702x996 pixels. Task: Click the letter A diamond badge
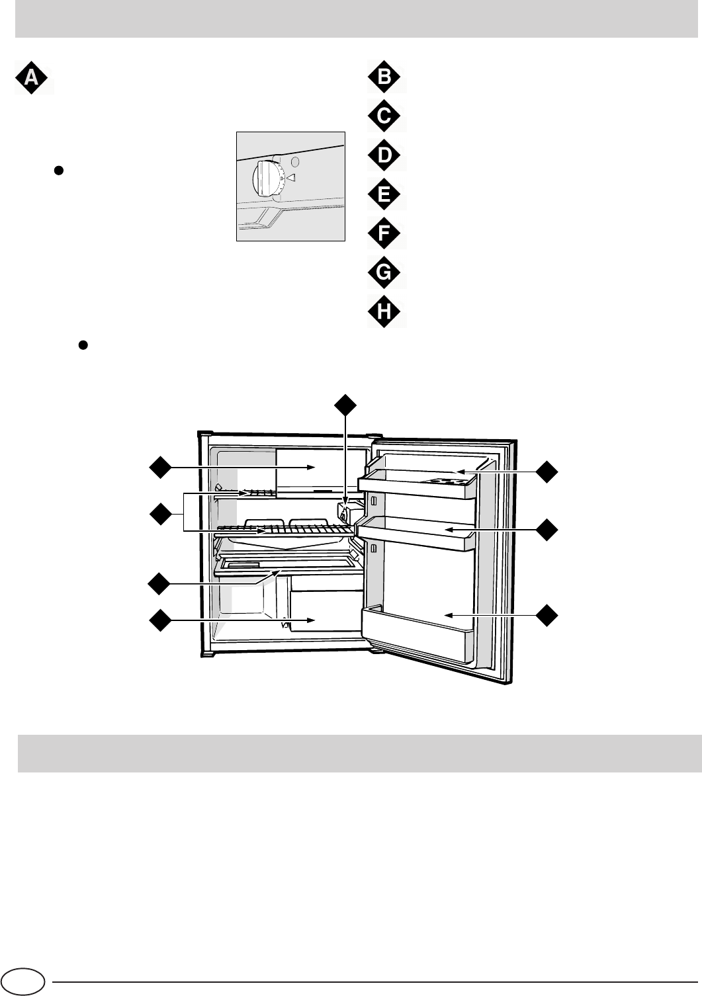(x=31, y=78)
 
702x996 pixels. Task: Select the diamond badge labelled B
(x=386, y=78)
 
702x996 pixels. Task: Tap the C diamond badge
(x=386, y=117)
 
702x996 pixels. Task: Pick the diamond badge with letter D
(x=386, y=156)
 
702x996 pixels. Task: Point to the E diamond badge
(x=386, y=195)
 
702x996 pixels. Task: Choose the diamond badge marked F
(x=386, y=233)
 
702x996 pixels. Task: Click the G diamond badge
(x=386, y=272)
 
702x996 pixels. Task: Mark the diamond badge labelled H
(x=386, y=311)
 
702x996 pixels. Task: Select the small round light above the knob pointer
(x=296, y=161)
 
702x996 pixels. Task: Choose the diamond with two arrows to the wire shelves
(x=159, y=514)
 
